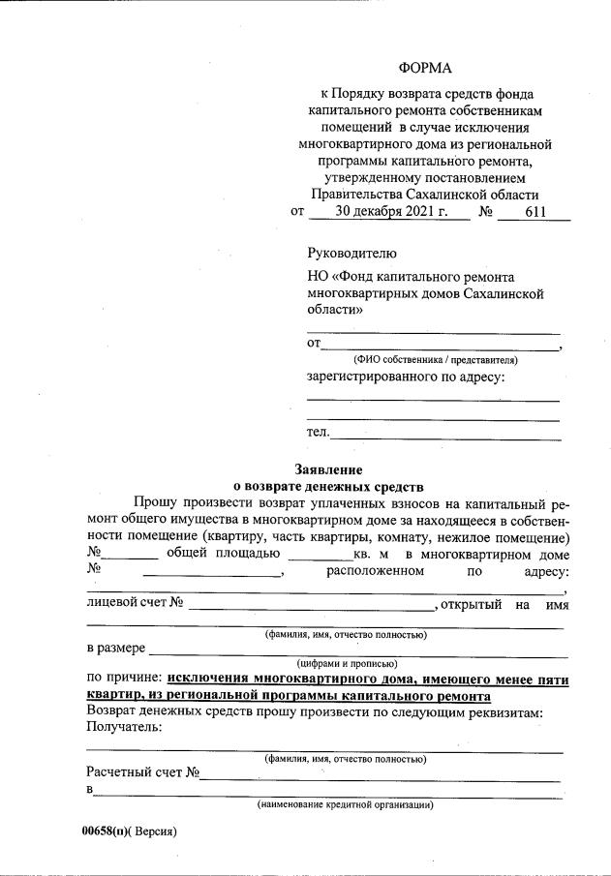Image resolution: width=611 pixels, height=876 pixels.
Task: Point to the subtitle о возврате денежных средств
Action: point(329,486)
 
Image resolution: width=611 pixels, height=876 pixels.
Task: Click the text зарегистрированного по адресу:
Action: point(406,377)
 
